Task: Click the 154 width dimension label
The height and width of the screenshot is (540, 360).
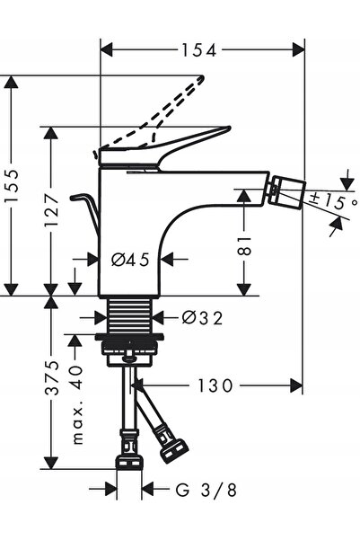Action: (x=199, y=50)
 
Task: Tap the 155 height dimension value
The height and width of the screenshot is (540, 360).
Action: (x=13, y=186)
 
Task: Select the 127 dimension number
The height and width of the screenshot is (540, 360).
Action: (x=52, y=209)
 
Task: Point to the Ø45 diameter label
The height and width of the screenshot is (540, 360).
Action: (x=130, y=260)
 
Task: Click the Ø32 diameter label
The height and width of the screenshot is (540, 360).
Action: (x=202, y=317)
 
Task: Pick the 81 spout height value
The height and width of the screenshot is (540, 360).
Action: (x=244, y=245)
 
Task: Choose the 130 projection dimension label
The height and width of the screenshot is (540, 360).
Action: (x=215, y=385)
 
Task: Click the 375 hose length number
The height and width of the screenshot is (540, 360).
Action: (x=52, y=377)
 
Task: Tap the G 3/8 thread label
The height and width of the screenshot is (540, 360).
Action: (x=206, y=490)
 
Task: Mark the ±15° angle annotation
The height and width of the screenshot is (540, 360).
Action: (x=332, y=201)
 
